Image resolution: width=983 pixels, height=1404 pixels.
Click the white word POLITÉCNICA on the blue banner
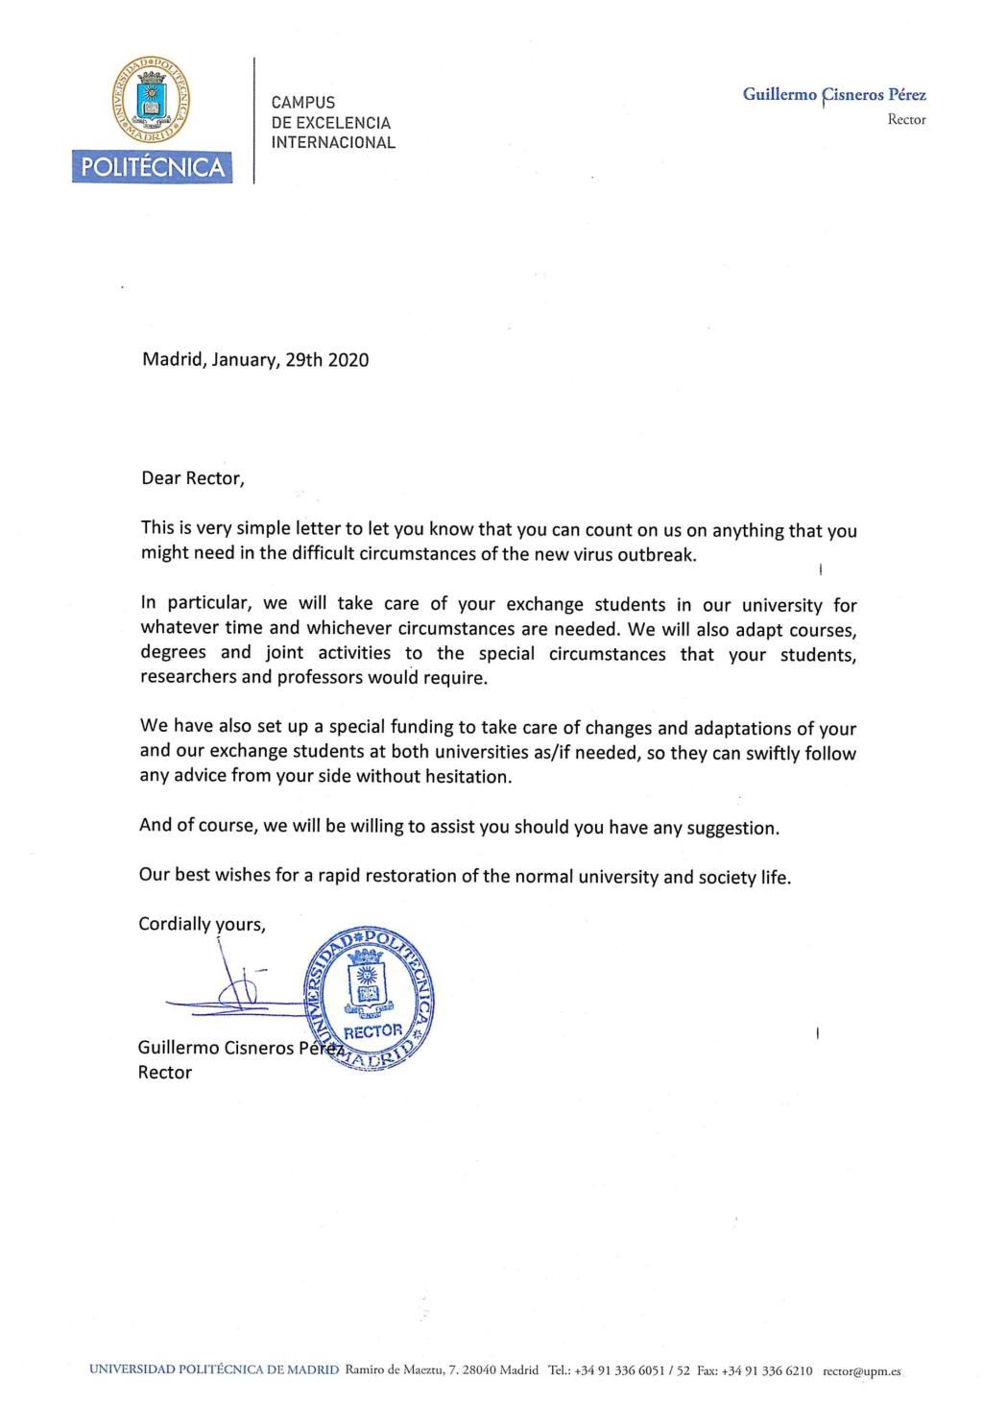pyautogui.click(x=153, y=168)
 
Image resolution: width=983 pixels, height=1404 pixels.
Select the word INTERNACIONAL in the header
pyautogui.click(x=333, y=143)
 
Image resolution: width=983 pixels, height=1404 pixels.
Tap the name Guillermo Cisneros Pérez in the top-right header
pyautogui.click(x=833, y=95)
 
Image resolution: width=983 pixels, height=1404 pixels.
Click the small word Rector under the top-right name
pyautogui.click(x=906, y=120)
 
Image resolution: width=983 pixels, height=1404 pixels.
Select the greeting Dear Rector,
pyautogui.click(x=192, y=478)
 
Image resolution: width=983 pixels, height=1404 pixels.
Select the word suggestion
pyautogui.click(x=731, y=828)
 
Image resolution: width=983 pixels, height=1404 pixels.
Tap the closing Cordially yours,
pyautogui.click(x=202, y=924)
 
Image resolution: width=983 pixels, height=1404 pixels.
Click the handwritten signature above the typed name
pyautogui.click(x=230, y=994)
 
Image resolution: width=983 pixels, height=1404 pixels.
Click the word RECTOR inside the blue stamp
pyautogui.click(x=373, y=1031)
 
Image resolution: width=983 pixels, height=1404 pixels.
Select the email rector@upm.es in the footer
pyautogui.click(x=861, y=1370)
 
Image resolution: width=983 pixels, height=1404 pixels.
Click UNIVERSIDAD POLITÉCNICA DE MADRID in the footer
pyautogui.click(x=214, y=1369)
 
